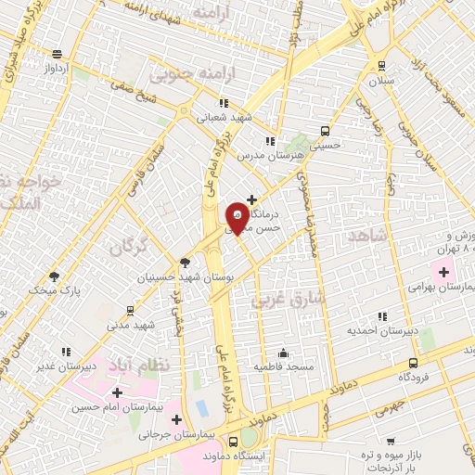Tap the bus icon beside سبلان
(x=380, y=65)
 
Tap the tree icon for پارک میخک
(x=54, y=276)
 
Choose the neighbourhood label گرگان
(x=128, y=247)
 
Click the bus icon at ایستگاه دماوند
(x=232, y=443)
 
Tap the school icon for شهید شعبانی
(x=223, y=103)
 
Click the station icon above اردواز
(x=58, y=54)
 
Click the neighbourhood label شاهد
(x=363, y=237)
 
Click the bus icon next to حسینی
(x=325, y=131)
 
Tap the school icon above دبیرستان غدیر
(x=66, y=352)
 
